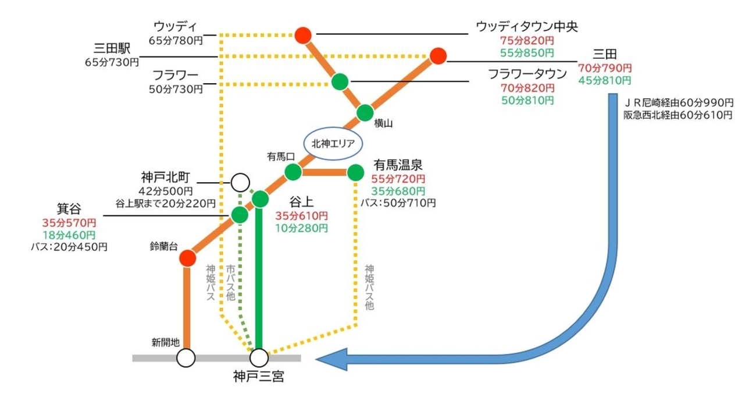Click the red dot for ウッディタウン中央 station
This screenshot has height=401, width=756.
pyautogui.click(x=303, y=35)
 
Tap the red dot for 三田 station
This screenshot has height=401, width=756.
pyautogui.click(x=438, y=56)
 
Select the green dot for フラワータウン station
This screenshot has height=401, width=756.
pyautogui.click(x=340, y=81)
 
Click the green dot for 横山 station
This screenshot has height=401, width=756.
pyautogui.click(x=365, y=112)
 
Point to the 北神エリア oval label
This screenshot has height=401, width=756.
pyautogui.click(x=330, y=143)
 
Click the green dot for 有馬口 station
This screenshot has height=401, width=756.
pyautogui.click(x=293, y=172)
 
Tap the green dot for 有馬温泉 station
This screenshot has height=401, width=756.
pyautogui.click(x=355, y=172)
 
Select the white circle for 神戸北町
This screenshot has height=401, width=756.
pyautogui.click(x=240, y=183)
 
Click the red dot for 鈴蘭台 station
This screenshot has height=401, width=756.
pyautogui.click(x=187, y=258)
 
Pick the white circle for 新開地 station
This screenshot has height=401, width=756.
pyautogui.click(x=186, y=357)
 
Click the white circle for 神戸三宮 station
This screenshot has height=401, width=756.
pyautogui.click(x=259, y=357)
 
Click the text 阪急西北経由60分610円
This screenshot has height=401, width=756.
pyautogui.click(x=677, y=116)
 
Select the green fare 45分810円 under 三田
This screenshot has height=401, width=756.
pyautogui.click(x=605, y=79)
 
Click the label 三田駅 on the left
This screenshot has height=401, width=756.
pyautogui.click(x=113, y=47)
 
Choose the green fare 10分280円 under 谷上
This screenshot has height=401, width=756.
pyautogui.click(x=301, y=228)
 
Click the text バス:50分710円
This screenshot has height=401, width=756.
pyautogui.click(x=397, y=203)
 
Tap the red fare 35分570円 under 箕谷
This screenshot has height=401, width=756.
pyautogui.click(x=69, y=222)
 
